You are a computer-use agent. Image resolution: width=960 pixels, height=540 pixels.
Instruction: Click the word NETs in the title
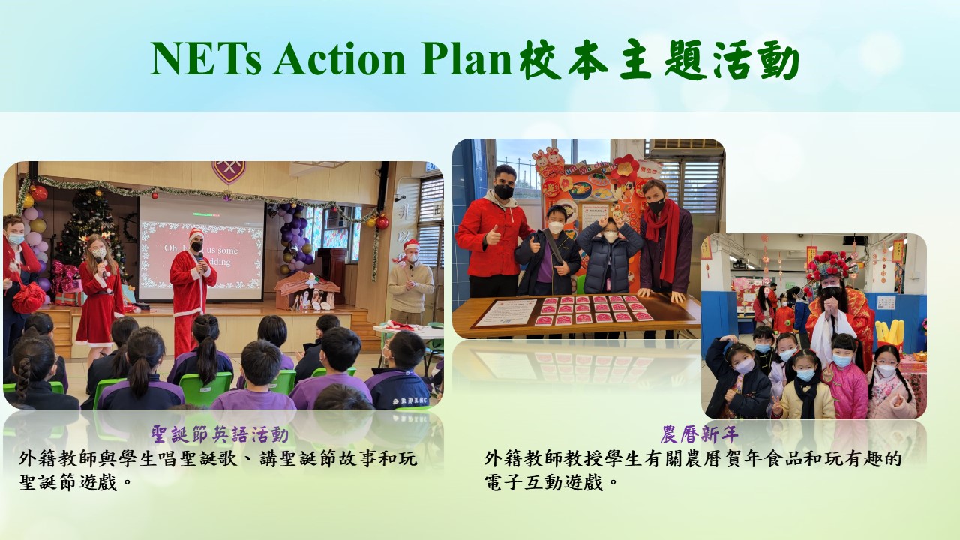206,58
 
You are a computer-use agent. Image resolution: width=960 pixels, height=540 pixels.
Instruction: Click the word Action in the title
340,58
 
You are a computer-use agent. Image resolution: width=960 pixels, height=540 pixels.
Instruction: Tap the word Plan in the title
466,58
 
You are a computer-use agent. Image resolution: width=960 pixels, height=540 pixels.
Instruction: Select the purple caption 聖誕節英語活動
220,434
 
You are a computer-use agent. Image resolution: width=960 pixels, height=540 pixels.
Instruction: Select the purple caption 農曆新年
699,434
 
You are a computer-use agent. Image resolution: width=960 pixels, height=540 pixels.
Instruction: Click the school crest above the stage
229,172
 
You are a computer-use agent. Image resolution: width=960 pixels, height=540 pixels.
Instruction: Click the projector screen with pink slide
201,247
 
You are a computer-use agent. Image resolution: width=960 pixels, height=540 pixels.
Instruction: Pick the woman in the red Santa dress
100,295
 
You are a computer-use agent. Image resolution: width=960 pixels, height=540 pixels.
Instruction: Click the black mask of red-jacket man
503,191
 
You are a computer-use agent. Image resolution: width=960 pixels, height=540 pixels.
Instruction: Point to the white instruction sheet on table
505,313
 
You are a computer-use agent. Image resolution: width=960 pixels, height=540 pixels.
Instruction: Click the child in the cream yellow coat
806,385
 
